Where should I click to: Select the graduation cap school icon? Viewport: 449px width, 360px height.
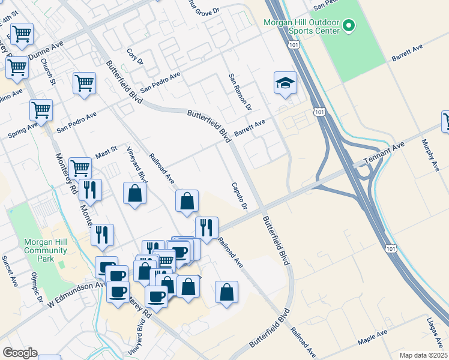tap(285, 83)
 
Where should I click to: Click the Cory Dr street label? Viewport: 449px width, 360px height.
tap(136, 57)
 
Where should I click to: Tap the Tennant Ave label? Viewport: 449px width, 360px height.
tap(384, 154)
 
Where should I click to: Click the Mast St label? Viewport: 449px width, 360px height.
tap(106, 153)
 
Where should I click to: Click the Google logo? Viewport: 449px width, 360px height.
tap(20, 353)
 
